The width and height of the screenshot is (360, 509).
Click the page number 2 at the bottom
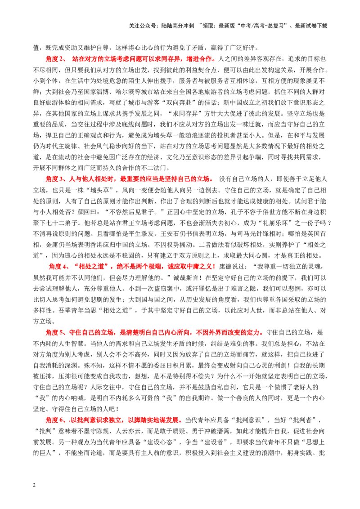[35, 485]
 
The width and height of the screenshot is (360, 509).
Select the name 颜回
[84, 212]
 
